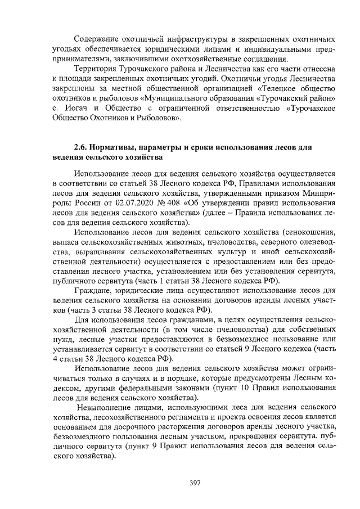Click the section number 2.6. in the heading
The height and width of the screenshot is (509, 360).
pyautogui.click(x=82, y=147)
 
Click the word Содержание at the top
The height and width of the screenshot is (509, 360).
pyautogui.click(x=97, y=40)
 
